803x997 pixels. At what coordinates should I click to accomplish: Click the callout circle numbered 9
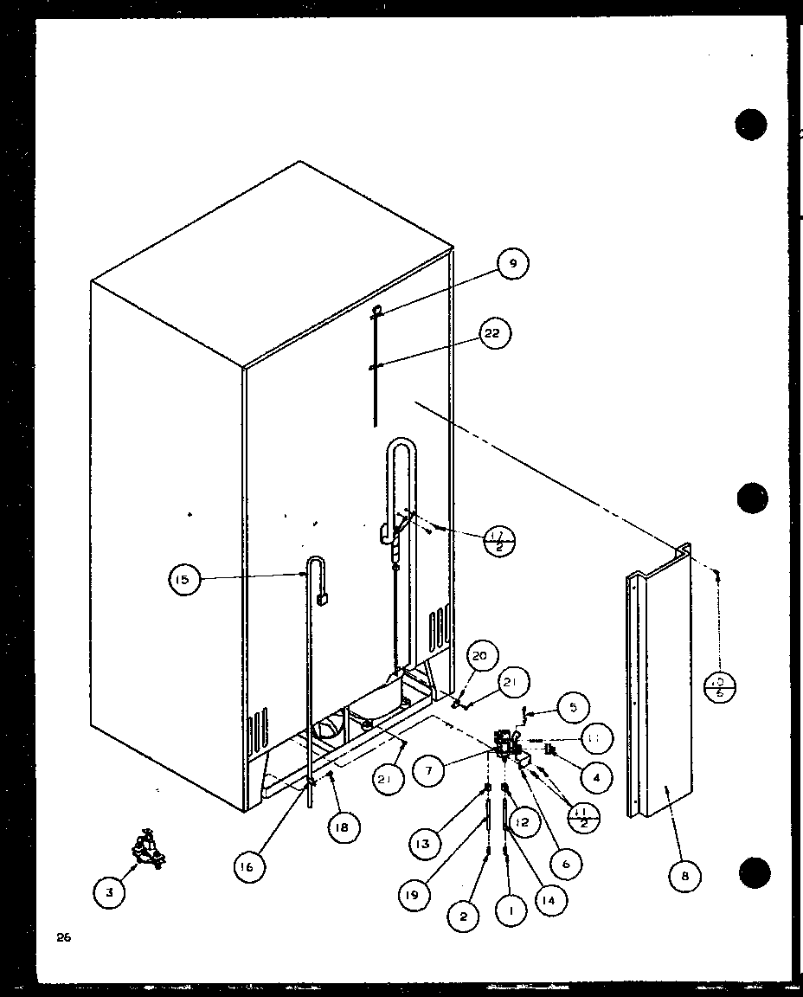(512, 264)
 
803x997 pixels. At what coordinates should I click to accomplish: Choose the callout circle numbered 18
(344, 827)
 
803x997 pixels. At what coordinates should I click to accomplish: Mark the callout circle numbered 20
(480, 656)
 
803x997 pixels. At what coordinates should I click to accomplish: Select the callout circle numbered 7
(428, 770)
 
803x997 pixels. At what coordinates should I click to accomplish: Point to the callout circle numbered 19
(412, 895)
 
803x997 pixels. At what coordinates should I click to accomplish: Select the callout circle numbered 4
(596, 777)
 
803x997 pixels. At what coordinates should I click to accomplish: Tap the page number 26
(61, 936)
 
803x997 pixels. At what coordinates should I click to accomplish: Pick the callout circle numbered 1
(511, 910)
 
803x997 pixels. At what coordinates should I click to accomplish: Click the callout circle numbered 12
(521, 820)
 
